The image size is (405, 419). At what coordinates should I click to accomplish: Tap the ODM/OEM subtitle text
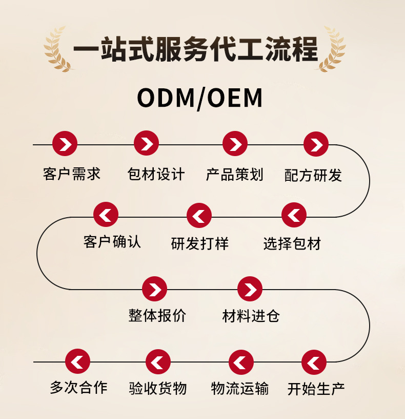(200, 98)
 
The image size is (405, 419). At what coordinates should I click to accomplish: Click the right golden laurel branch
(332, 50)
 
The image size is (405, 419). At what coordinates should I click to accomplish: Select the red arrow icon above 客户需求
(65, 144)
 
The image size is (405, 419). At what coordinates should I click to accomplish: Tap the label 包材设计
(156, 174)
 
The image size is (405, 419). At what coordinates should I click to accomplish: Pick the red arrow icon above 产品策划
(235, 144)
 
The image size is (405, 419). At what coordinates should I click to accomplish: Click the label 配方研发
(313, 175)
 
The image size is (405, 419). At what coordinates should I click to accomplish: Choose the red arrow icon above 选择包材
(294, 215)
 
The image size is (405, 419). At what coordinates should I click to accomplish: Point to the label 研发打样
(200, 243)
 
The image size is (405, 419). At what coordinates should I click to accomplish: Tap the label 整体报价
(157, 315)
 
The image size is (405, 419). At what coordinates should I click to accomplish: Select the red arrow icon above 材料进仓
(250, 290)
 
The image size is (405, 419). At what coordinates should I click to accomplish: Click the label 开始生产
(316, 389)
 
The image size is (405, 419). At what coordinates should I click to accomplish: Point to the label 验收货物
(157, 388)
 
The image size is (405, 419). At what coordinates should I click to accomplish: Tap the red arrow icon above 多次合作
(78, 362)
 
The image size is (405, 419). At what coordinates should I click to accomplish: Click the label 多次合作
(78, 387)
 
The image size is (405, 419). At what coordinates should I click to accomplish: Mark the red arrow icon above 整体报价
(155, 290)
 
